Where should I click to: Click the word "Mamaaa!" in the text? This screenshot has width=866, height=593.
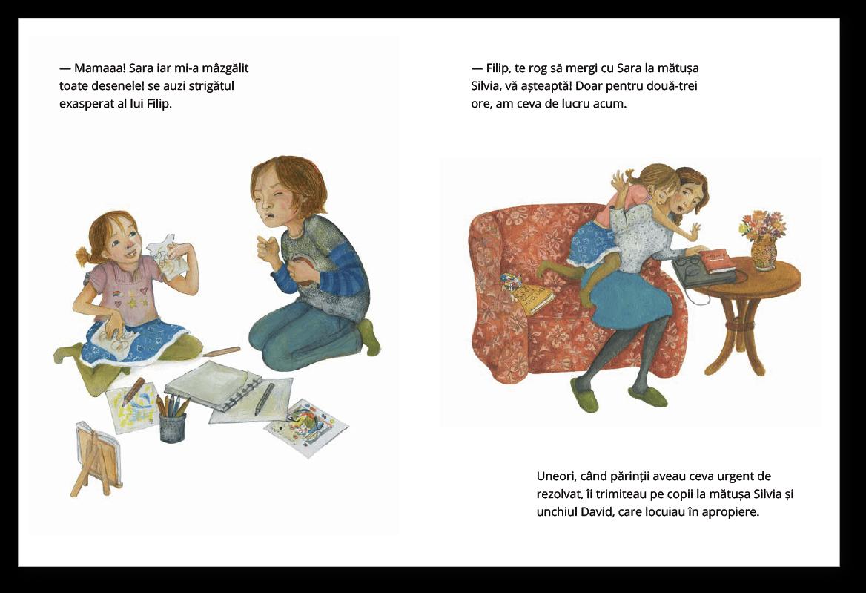99,68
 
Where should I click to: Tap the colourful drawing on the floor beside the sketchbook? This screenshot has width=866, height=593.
306,425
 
